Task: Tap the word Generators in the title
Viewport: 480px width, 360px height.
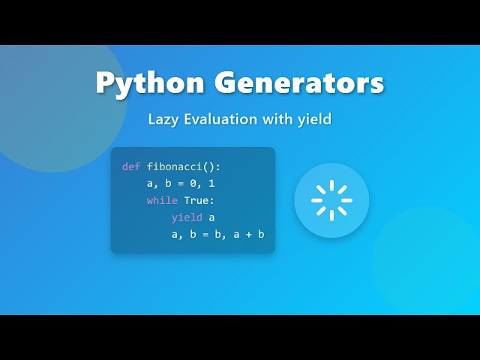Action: point(299,83)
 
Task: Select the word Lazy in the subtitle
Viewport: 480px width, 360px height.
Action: point(162,119)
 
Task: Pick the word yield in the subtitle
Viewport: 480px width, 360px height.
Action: point(314,119)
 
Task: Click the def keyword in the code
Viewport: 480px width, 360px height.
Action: point(131,166)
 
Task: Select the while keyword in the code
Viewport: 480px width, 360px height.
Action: point(162,200)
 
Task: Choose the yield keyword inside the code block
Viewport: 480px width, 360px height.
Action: point(187,217)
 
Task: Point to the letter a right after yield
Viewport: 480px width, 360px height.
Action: point(211,217)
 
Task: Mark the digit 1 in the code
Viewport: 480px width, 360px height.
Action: point(211,183)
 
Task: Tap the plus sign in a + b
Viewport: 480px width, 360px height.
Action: point(248,235)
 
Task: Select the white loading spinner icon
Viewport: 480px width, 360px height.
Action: point(331,200)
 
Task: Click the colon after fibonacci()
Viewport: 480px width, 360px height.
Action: point(217,166)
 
